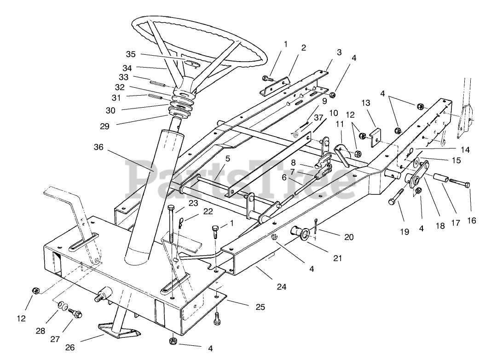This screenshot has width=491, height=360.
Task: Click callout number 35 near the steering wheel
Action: pyautogui.click(x=131, y=54)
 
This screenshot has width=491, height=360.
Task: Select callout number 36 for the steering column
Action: pyautogui.click(x=98, y=147)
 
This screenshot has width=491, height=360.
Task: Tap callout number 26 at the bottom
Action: pyautogui.click(x=70, y=348)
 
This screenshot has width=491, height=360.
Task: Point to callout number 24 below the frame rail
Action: pyautogui.click(x=282, y=286)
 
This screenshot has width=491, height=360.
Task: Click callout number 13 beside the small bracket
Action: pyautogui.click(x=366, y=103)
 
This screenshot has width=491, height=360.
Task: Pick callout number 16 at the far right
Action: pyautogui.click(x=471, y=221)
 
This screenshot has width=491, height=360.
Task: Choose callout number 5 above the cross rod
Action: pyautogui.click(x=228, y=159)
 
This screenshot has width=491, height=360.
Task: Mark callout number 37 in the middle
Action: pyautogui.click(x=318, y=118)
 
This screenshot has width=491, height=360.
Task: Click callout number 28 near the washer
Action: pyautogui.click(x=40, y=331)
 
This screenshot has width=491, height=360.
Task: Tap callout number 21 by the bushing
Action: pyautogui.click(x=338, y=258)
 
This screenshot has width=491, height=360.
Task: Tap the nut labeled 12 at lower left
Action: pyautogui.click(x=36, y=291)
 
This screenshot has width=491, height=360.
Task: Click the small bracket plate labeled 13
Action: pyautogui.click(x=375, y=137)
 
